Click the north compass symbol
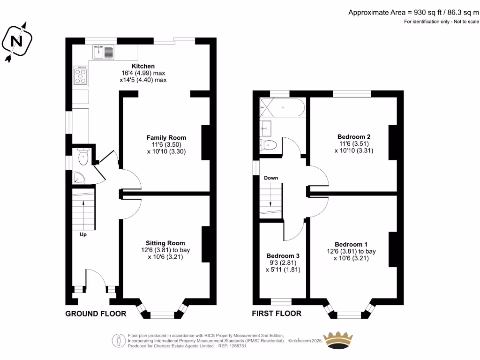(x=17, y=42)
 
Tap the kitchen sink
(x=103, y=52)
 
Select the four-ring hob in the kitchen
(x=81, y=75)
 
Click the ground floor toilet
(x=83, y=157)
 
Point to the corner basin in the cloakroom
(x=78, y=178)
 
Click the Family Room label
(x=166, y=138)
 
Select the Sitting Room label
(x=165, y=243)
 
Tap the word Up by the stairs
(x=83, y=234)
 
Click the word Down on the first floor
(x=271, y=178)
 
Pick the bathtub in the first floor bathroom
(x=282, y=107)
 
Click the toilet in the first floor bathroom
(x=268, y=145)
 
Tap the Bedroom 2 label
(x=354, y=137)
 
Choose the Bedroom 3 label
(x=283, y=256)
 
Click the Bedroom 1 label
(x=351, y=245)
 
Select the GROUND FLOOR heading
(x=96, y=314)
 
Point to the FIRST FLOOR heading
(x=277, y=314)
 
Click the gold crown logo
(x=338, y=340)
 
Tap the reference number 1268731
(x=238, y=346)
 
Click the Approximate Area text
(x=413, y=13)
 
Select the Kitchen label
(x=143, y=66)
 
